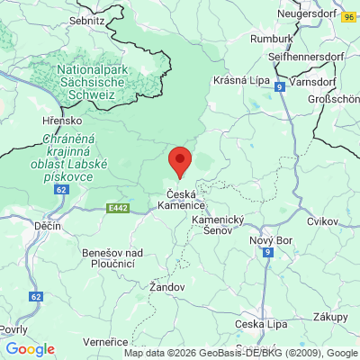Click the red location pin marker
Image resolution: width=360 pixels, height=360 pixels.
coord(180,162)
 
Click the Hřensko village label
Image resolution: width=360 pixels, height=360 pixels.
coord(61,119)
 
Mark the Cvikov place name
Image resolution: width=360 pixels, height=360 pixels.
coord(321,220)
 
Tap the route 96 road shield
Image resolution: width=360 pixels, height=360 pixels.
coord(348,16)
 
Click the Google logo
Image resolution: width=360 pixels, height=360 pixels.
coord(30,349)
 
